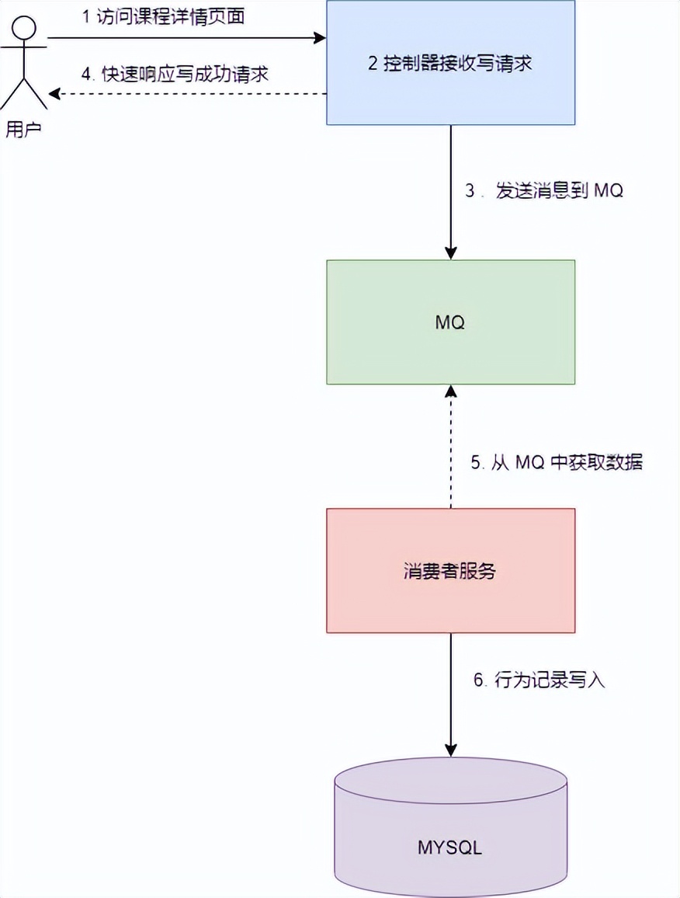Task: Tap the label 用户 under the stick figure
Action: [23, 129]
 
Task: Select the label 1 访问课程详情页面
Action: [164, 17]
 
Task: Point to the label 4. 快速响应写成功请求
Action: [175, 75]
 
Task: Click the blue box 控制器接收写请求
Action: [450, 62]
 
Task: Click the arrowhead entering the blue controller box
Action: [319, 37]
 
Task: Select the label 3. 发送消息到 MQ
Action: [543, 191]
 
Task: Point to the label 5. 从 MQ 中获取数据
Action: [557, 462]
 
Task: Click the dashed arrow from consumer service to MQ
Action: [450, 451]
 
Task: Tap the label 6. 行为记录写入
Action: [539, 680]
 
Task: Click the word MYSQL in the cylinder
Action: [450, 847]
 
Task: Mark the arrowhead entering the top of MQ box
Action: [450, 253]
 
